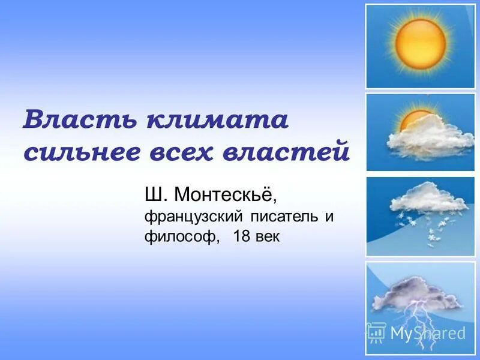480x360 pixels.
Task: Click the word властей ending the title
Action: tap(286, 151)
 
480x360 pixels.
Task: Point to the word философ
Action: tap(178, 237)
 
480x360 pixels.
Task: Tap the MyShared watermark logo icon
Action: tap(376, 332)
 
